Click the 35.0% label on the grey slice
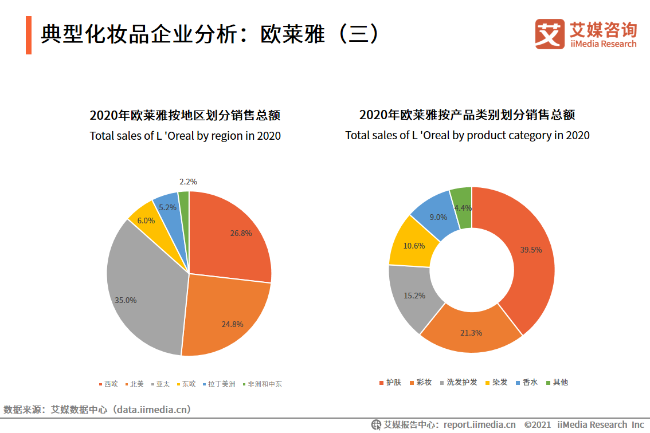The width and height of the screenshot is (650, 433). pyautogui.click(x=126, y=300)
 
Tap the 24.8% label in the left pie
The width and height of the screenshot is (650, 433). pyautogui.click(x=232, y=324)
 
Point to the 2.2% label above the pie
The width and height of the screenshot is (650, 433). pyautogui.click(x=188, y=182)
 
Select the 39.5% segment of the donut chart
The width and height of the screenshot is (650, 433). pyautogui.click(x=530, y=250)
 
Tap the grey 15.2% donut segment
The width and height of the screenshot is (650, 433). pyautogui.click(x=409, y=296)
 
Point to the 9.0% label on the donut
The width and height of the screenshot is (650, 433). pyautogui.click(x=438, y=217)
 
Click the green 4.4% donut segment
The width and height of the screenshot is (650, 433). pyautogui.click(x=462, y=207)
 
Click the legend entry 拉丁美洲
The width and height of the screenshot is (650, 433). pyautogui.click(x=221, y=384)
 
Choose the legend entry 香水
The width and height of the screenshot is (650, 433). pyautogui.click(x=530, y=382)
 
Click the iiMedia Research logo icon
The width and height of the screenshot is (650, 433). pyautogui.click(x=550, y=34)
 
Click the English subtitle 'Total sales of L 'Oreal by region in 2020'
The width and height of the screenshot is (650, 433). pyautogui.click(x=185, y=136)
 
